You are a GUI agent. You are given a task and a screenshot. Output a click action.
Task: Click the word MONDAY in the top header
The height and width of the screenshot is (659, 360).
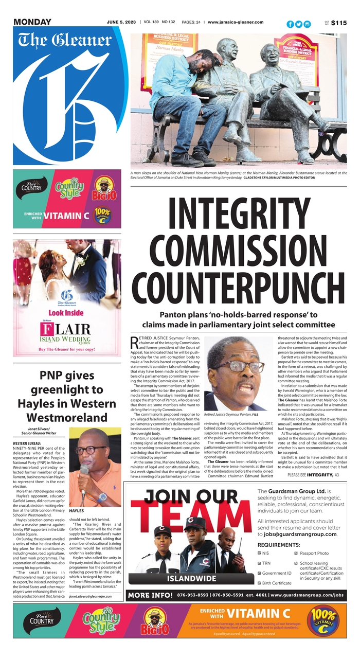32,22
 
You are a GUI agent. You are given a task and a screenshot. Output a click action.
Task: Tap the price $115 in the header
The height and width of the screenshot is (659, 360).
339,23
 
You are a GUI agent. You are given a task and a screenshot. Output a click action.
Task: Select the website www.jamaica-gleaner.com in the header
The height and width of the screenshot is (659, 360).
236,22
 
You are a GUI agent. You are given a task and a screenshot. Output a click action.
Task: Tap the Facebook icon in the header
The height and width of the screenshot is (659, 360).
290,24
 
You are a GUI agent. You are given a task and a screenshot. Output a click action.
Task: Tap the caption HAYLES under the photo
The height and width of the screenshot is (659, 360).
77,511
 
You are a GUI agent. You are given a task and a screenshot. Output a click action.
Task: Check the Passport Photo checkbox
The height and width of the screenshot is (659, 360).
297,553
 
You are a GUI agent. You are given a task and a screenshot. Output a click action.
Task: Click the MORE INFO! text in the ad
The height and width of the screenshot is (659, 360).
151,595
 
